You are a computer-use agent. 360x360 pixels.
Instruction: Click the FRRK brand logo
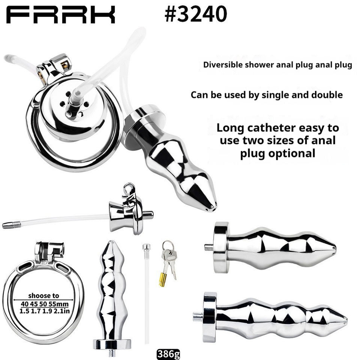61,15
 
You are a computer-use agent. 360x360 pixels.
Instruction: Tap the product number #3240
196,14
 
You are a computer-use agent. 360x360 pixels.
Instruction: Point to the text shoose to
43,295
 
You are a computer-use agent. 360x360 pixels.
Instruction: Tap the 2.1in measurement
62,311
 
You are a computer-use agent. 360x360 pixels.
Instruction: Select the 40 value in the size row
25,304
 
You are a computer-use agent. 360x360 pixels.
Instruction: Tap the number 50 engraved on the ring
45,262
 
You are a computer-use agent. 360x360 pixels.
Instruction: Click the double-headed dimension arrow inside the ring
43,300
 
